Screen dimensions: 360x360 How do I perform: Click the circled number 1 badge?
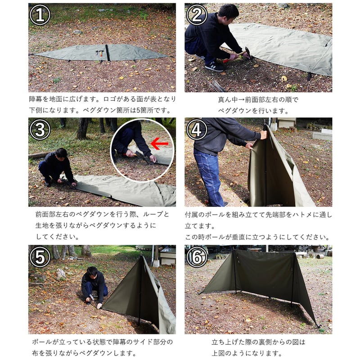(40, 15)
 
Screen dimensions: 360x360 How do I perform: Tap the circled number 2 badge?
(196, 15)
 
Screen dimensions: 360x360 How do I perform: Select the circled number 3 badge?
(40, 130)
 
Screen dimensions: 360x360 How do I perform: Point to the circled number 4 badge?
(196, 130)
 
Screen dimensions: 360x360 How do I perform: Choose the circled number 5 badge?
(40, 257)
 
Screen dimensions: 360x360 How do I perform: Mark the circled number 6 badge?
(196, 257)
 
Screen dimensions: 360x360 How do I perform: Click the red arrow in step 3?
(159, 144)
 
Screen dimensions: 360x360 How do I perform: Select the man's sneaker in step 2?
(215, 67)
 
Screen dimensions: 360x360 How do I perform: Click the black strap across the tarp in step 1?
(108, 53)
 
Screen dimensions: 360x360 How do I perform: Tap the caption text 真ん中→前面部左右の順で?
(258, 99)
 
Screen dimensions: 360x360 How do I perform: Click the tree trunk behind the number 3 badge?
(82, 128)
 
